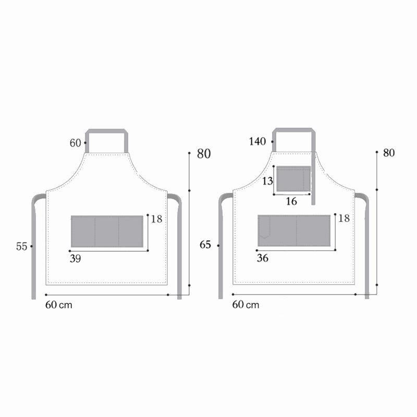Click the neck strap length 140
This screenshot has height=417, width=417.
tap(257, 141)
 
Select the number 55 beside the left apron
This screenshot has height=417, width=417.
tap(21, 247)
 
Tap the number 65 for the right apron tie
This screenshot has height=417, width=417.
tap(206, 244)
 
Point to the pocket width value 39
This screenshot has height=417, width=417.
tap(75, 258)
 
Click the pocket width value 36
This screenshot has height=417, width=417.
tap(262, 258)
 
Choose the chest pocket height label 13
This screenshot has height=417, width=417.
tap(267, 181)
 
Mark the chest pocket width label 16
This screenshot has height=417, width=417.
tap(291, 201)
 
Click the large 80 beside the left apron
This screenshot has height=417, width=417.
tap(204, 154)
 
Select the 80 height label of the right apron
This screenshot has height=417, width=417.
tap(389, 153)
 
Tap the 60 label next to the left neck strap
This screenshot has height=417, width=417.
tap(76, 143)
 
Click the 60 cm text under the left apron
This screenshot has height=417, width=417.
tap(58, 305)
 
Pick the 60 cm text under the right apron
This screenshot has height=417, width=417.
tap(246, 305)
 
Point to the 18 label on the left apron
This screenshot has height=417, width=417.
tap(156, 219)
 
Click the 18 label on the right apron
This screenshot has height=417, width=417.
tap(344, 218)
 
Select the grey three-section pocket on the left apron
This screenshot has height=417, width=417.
tap(107, 231)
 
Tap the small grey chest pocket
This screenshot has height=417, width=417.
tap(293, 179)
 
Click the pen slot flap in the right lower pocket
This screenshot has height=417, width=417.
tap(265, 227)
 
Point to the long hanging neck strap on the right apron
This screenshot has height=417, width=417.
tap(314, 177)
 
